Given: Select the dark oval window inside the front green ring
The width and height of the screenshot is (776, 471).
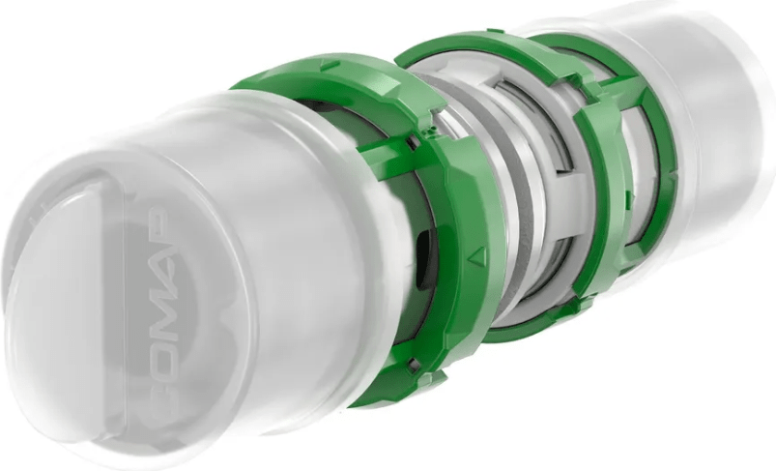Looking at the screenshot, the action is (x=422, y=259).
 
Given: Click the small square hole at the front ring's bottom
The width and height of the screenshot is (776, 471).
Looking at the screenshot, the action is (x=415, y=366).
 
